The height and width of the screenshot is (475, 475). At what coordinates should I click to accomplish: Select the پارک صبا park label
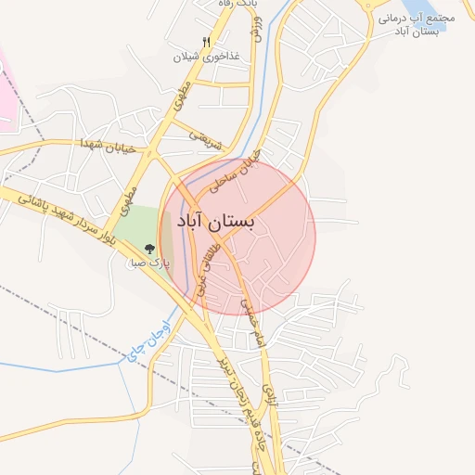coord(148,263)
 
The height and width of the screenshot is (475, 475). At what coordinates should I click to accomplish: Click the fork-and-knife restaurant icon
coord(206,41)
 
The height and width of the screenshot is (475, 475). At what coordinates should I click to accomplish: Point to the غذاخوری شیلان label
coord(206,56)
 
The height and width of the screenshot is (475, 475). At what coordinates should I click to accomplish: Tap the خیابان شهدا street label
coord(109,146)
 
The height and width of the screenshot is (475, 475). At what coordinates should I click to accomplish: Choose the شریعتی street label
coord(206,138)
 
